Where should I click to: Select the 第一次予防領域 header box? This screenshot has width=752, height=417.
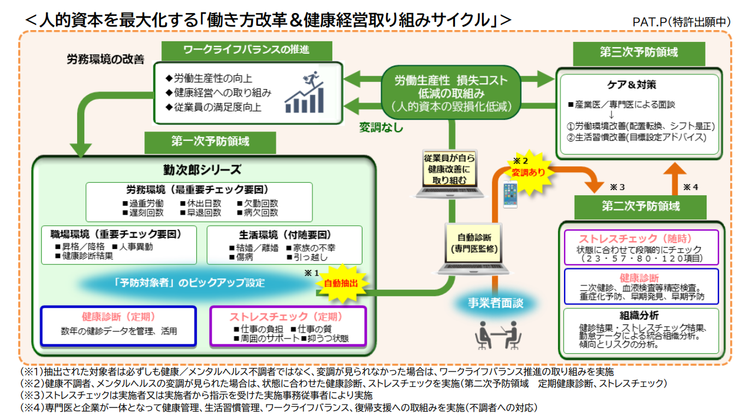pos(210,142)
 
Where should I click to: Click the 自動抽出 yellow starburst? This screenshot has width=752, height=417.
pos(341,283)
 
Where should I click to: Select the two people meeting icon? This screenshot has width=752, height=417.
pos(498,335)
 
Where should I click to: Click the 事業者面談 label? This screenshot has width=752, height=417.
pos(495,303)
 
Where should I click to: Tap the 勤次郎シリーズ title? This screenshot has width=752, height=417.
pos(202,170)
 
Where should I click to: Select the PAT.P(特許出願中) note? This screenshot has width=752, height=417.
pos(681,22)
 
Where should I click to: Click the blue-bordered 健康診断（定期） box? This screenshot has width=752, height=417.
pos(118,325)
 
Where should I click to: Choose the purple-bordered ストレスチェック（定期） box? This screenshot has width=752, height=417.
pos(288,325)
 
